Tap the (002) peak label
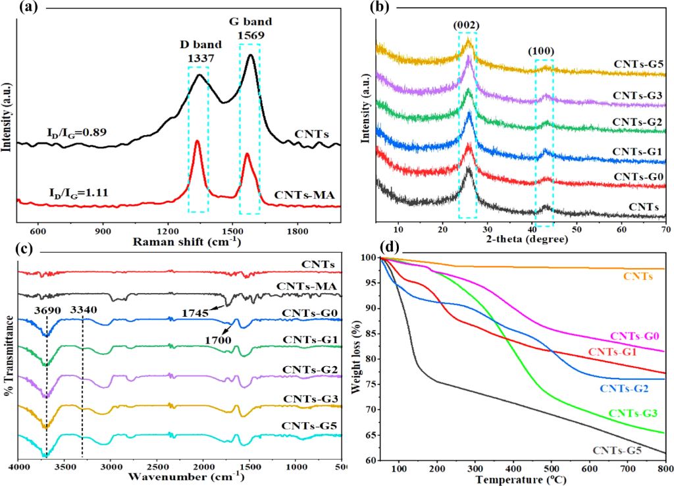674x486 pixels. click(x=467, y=26)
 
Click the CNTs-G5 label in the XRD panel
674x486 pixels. click(x=638, y=65)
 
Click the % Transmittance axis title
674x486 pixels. click(x=9, y=356)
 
